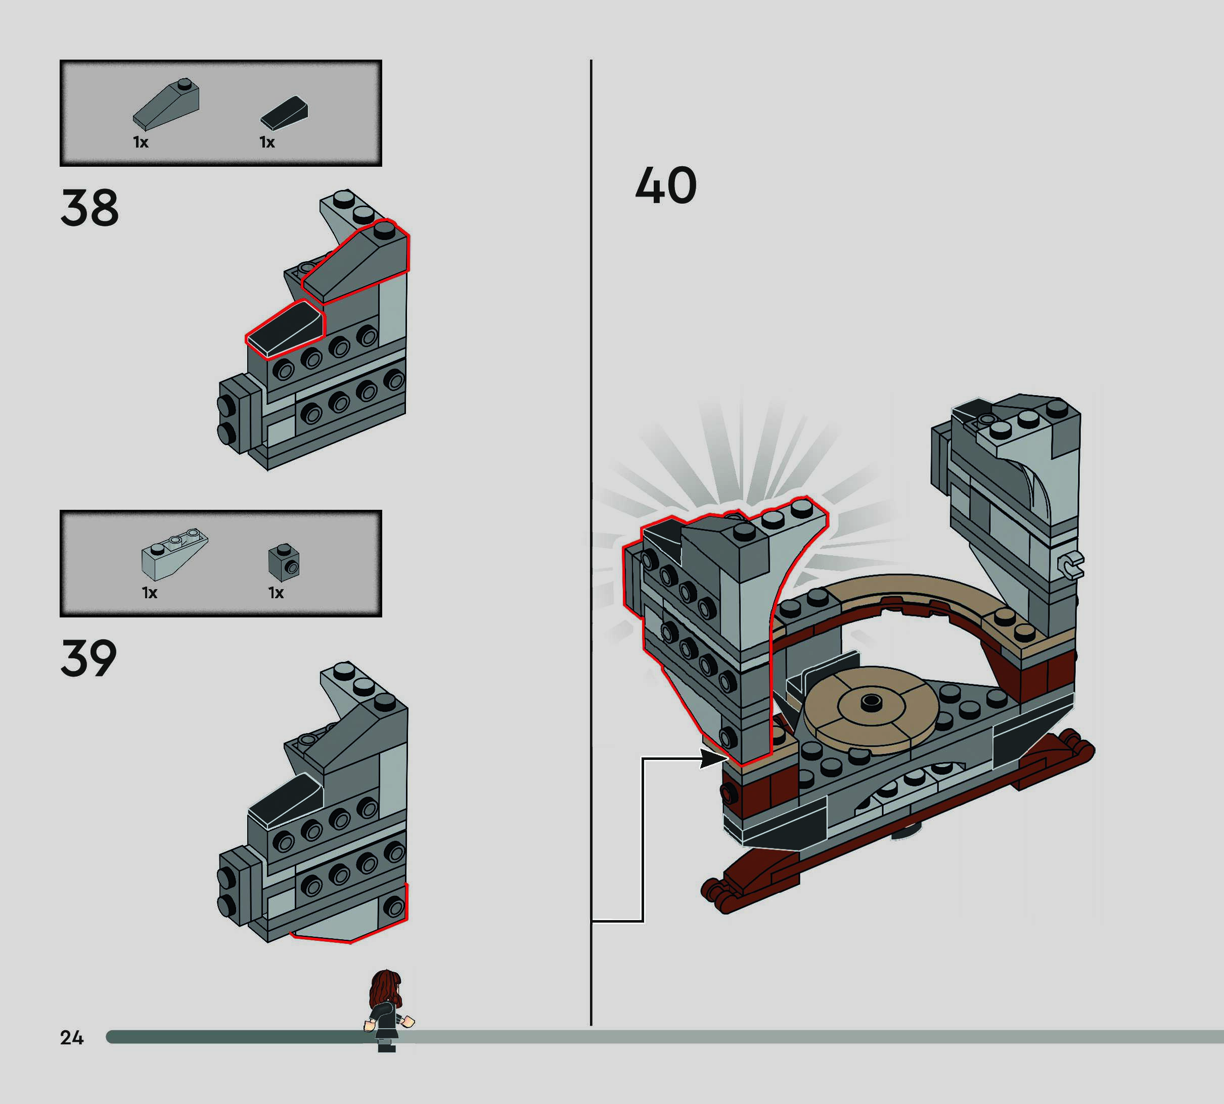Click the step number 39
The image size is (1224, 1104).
point(88,658)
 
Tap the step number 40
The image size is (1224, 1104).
point(665,185)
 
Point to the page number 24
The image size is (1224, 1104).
point(72,1038)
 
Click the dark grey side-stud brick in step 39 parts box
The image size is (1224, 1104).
point(284,562)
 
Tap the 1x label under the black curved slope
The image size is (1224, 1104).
point(267,142)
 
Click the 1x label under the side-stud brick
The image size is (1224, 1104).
point(276,593)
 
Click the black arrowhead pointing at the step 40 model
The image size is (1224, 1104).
point(713,758)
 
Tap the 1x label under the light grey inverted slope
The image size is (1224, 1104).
point(149,593)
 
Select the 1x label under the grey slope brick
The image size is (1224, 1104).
point(141,142)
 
